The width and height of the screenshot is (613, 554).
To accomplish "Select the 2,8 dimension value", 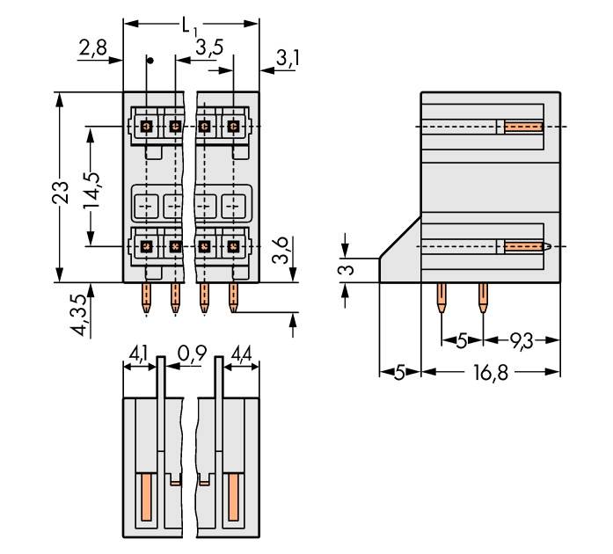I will click(x=92, y=48).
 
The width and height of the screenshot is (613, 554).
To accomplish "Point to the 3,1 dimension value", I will click(x=287, y=59).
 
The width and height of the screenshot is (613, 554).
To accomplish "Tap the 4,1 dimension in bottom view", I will click(x=138, y=354).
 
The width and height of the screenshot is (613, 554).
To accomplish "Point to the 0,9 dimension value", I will click(x=191, y=354).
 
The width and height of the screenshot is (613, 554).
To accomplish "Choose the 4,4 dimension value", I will click(x=241, y=354).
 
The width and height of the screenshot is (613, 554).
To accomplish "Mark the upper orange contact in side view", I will click(x=523, y=127).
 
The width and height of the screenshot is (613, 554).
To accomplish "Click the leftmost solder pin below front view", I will click(x=147, y=297).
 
